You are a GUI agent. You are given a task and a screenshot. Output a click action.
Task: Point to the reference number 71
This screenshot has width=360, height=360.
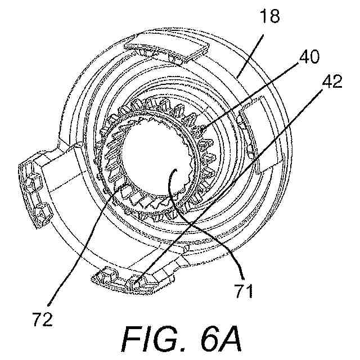(x=244, y=291)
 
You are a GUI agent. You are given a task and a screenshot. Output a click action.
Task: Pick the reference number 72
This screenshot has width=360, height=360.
(x=43, y=319)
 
